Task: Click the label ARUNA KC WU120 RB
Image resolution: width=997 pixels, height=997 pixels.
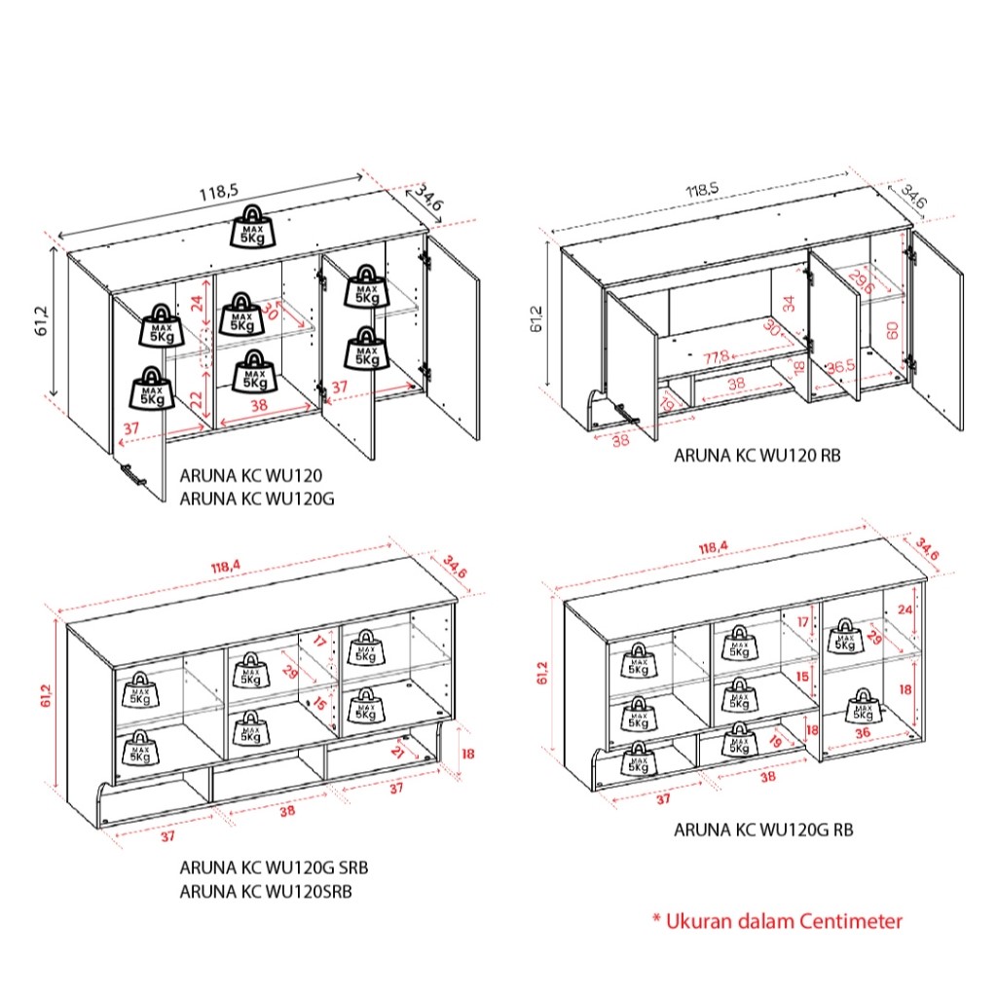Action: click(757, 455)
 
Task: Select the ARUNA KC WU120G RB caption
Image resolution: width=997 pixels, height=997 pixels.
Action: click(764, 831)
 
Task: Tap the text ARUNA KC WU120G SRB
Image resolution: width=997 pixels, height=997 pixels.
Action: click(274, 867)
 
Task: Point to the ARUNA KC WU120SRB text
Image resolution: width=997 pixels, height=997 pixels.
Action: click(266, 891)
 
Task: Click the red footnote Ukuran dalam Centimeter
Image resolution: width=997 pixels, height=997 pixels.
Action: click(777, 920)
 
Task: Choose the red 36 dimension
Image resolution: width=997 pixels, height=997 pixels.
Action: click(863, 733)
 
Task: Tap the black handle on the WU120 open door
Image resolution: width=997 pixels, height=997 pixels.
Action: click(131, 474)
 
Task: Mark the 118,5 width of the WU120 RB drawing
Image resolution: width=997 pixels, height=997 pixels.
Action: click(720, 189)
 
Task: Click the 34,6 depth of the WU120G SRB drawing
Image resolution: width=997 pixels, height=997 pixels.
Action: click(455, 566)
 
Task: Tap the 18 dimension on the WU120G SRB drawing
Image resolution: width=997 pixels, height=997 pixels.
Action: click(467, 753)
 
